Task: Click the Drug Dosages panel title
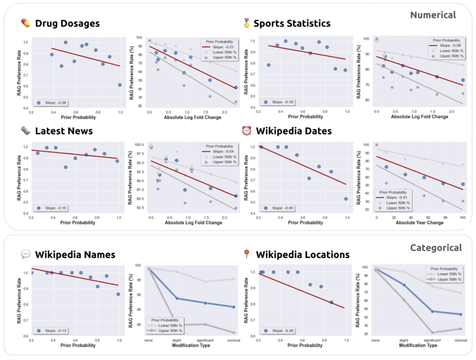[x=67, y=23]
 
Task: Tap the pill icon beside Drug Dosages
[x=26, y=23]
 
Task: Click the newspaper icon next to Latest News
[x=26, y=131]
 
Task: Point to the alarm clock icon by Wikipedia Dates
[x=246, y=131]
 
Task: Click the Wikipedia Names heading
[x=75, y=254]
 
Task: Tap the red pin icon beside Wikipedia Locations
[x=246, y=254]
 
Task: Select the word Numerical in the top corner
[x=433, y=15]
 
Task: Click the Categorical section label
[x=436, y=248]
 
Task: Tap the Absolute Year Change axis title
[x=420, y=222]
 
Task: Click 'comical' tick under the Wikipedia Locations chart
[x=460, y=341]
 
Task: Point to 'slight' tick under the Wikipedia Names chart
[x=177, y=340]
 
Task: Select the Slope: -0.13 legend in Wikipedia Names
[x=54, y=331]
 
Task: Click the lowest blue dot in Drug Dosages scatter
[x=120, y=85]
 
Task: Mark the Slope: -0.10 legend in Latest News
[x=54, y=208]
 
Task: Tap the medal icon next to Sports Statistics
[x=246, y=23]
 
